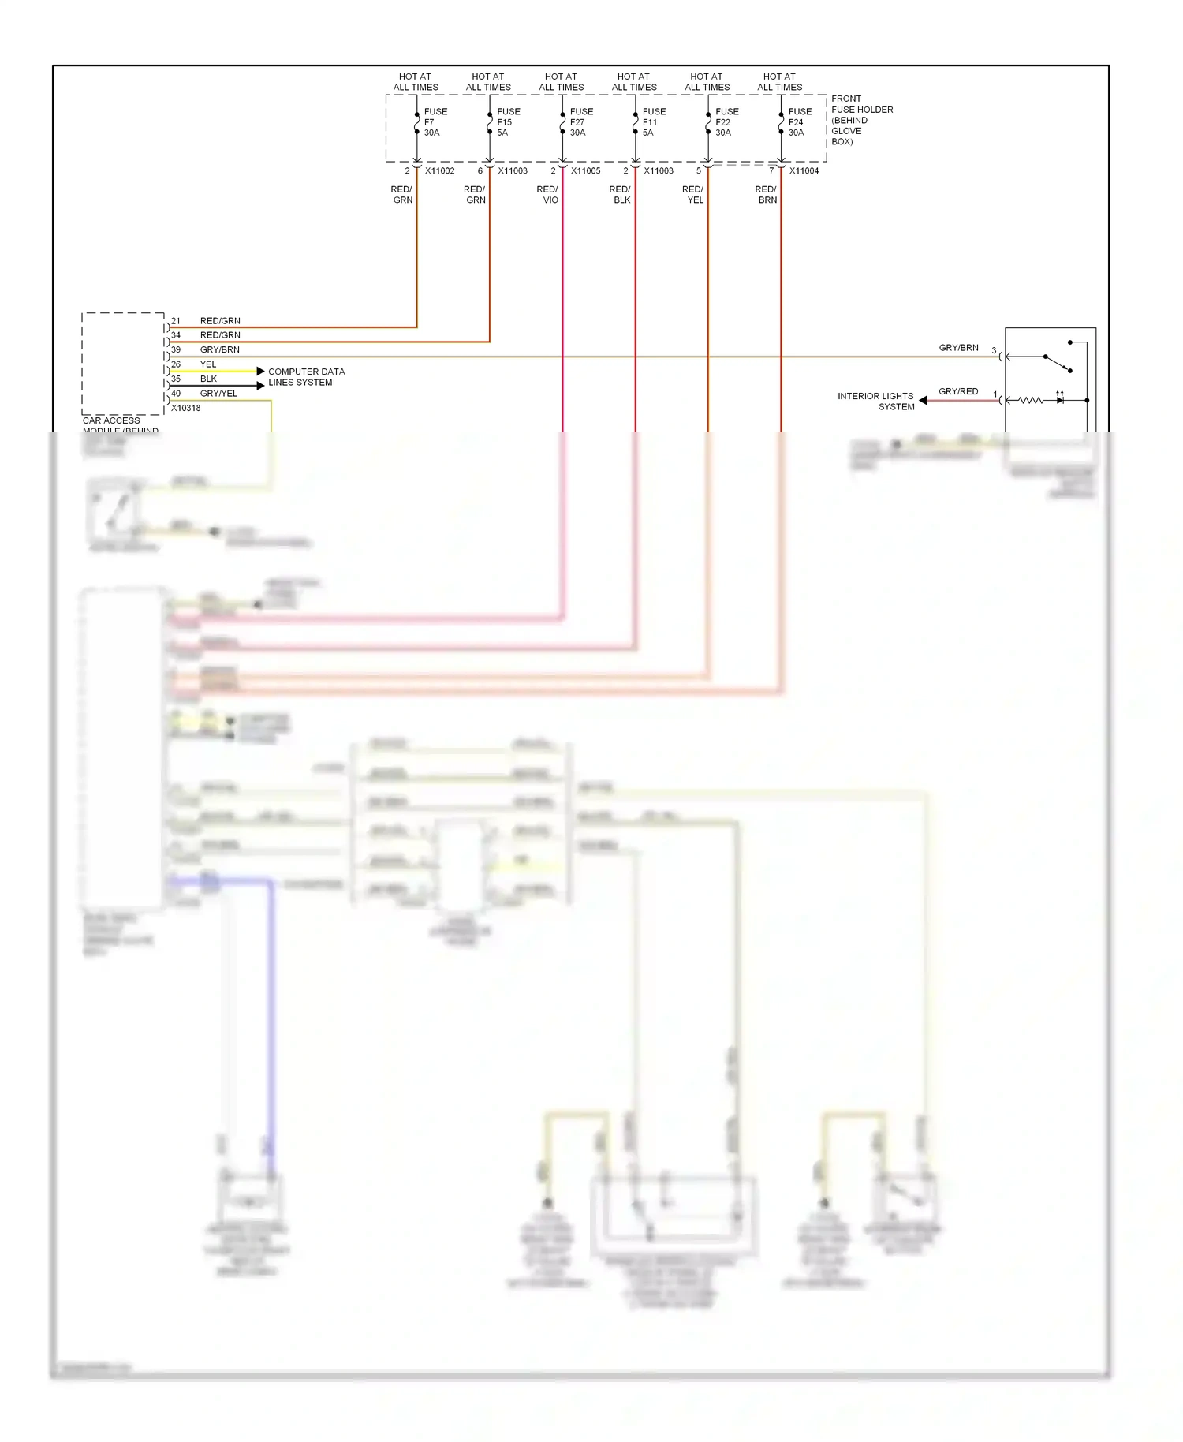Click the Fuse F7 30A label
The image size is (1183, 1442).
click(435, 122)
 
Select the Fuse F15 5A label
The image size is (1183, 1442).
click(508, 122)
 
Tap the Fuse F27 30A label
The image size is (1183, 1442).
click(580, 122)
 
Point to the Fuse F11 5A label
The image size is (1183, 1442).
click(653, 122)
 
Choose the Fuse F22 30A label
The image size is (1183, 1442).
click(726, 122)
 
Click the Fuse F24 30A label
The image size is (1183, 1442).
click(799, 122)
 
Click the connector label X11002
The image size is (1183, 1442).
click(440, 171)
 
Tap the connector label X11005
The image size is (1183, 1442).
click(585, 171)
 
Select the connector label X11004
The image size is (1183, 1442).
click(804, 171)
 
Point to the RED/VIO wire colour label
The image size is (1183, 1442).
click(548, 195)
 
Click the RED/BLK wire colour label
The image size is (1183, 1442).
click(621, 195)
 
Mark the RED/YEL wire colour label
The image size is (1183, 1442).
click(693, 195)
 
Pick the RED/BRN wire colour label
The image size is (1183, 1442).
click(767, 195)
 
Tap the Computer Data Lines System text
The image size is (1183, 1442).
click(306, 377)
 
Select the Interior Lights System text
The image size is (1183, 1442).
click(876, 402)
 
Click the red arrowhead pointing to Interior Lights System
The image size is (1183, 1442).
click(923, 401)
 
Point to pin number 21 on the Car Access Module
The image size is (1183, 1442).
click(176, 321)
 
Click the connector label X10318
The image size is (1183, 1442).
click(186, 409)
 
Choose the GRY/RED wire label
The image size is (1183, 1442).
click(958, 391)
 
